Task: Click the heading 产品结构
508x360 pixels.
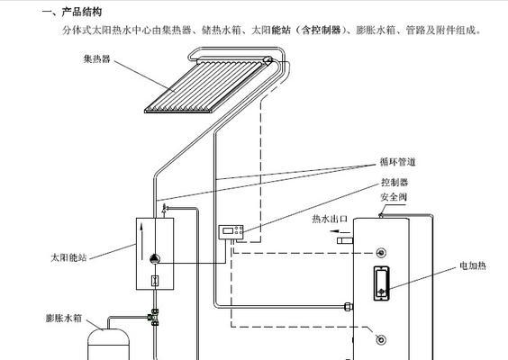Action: click(81, 12)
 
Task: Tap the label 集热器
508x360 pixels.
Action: click(97, 58)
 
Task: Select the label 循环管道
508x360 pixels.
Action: click(397, 162)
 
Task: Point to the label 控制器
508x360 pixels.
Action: click(395, 183)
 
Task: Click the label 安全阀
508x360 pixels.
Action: click(394, 197)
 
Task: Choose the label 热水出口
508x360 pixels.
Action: click(330, 220)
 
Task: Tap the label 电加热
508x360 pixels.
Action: click(473, 265)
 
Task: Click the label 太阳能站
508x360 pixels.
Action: click(68, 257)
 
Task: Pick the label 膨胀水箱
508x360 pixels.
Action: click(63, 318)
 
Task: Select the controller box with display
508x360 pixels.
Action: click(231, 232)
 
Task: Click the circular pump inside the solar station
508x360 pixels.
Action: click(155, 258)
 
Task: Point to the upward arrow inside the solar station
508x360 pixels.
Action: click(142, 242)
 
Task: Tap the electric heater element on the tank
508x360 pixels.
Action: click(381, 283)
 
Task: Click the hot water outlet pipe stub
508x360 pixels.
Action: click(345, 241)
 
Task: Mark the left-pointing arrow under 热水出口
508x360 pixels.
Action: click(340, 231)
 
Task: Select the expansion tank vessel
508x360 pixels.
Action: click(109, 344)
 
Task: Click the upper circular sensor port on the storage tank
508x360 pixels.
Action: click(381, 253)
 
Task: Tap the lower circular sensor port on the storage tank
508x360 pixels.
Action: click(381, 339)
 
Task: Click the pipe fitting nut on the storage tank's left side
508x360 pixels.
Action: click(349, 306)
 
